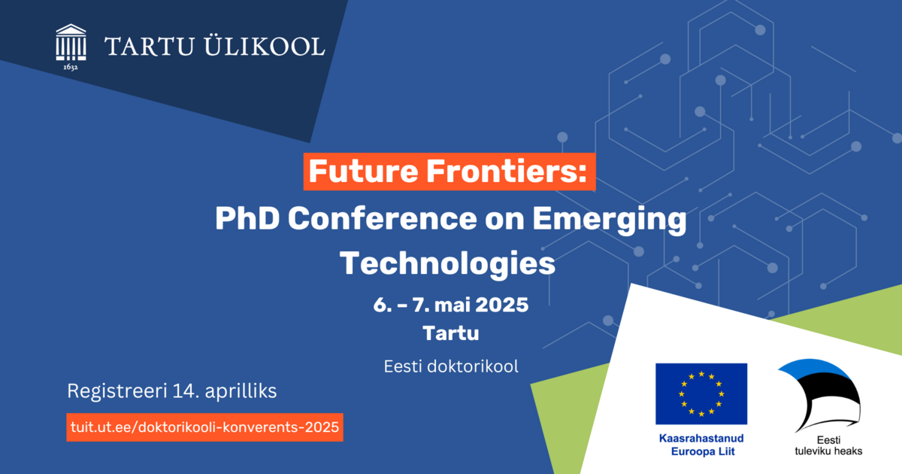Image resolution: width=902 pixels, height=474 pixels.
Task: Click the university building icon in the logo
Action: click(x=71, y=42)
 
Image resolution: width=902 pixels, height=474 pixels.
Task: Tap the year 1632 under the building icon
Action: click(x=71, y=67)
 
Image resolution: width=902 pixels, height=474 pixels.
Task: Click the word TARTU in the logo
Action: click(x=150, y=47)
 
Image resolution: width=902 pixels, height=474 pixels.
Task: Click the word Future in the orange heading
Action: click(x=364, y=171)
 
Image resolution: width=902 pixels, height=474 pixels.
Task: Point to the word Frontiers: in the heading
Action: click(x=507, y=171)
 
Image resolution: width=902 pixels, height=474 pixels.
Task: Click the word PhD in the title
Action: click(x=247, y=218)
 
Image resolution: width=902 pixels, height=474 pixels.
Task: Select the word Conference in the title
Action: click(x=383, y=218)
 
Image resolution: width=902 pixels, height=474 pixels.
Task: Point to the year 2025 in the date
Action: click(x=502, y=305)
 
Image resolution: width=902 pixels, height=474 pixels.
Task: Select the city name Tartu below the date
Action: click(x=450, y=333)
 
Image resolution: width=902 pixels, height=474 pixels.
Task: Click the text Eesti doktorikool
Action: click(x=451, y=366)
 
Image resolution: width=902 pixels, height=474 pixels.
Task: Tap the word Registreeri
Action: click(x=117, y=391)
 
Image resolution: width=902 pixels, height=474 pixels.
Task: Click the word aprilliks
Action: click(x=241, y=391)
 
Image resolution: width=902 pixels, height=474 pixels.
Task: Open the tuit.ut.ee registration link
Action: click(x=204, y=427)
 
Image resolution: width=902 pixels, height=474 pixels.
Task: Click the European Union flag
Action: click(x=701, y=393)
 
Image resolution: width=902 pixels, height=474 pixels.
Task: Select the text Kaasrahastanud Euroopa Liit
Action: click(x=701, y=445)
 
